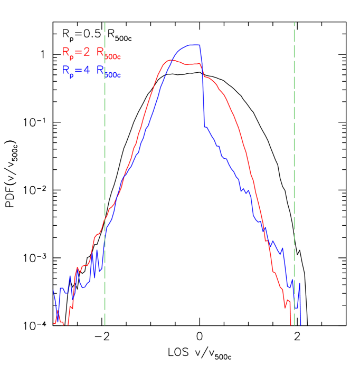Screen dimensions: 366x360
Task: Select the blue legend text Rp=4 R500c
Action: point(92,71)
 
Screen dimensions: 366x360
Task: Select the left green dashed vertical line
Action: point(105,158)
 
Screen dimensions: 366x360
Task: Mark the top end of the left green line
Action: point(105,23)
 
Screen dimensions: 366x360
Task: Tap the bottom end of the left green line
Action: point(105,325)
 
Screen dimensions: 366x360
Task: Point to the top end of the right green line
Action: point(294,23)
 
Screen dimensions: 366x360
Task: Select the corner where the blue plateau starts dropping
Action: point(200,45)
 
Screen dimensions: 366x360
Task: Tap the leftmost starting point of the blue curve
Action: point(53,290)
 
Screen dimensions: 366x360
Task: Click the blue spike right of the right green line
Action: point(299,285)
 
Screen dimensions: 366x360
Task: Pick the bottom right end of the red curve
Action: point(291,324)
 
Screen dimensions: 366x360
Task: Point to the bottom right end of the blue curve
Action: point(301,324)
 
